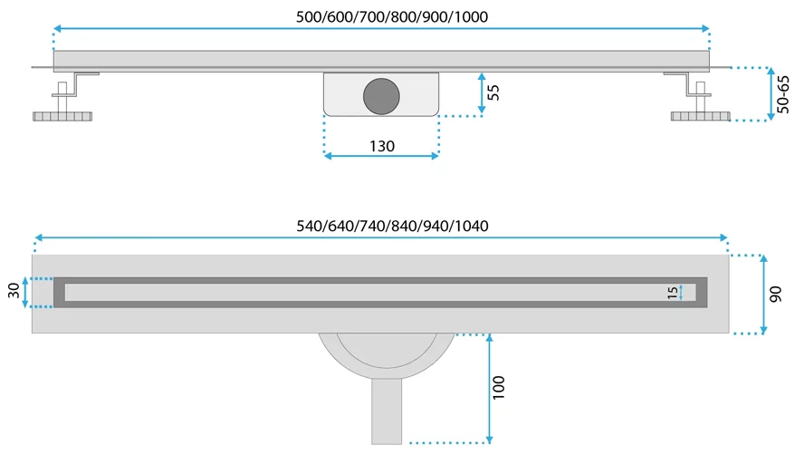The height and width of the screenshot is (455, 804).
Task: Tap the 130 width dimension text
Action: click(381, 146)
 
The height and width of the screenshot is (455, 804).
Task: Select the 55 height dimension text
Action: click(493, 92)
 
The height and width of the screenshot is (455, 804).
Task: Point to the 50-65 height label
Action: click(784, 93)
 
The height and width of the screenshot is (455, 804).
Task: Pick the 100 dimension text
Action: click(499, 387)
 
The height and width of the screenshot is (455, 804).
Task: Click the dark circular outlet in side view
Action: click(381, 96)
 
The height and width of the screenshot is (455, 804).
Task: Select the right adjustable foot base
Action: click(700, 117)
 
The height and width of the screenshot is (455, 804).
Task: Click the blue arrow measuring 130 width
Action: click(381, 157)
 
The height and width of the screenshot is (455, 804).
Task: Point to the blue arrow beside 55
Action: click(482, 93)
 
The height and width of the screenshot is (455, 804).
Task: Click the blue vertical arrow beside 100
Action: click(489, 388)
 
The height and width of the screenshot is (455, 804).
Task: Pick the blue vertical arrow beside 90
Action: click(764, 295)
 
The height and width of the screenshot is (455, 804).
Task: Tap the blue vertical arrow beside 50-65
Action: click(770, 93)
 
